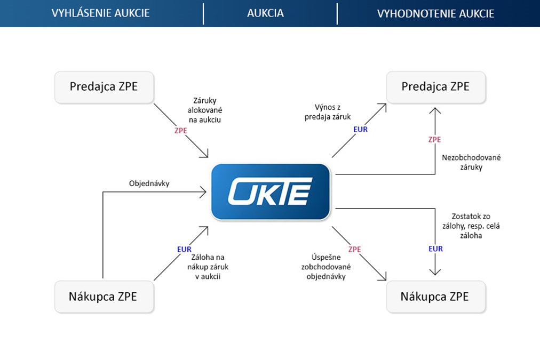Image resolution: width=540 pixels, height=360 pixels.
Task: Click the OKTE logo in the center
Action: click(x=271, y=192)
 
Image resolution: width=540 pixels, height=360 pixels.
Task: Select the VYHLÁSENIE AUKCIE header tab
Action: click(x=101, y=13)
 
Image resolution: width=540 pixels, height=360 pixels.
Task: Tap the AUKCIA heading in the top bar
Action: click(x=265, y=13)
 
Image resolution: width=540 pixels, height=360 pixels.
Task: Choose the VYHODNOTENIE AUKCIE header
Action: click(x=435, y=13)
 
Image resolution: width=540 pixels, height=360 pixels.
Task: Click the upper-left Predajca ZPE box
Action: click(x=104, y=86)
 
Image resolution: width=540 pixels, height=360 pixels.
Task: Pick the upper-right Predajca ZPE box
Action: click(x=435, y=86)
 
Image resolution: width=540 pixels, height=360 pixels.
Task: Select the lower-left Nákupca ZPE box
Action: click(x=104, y=297)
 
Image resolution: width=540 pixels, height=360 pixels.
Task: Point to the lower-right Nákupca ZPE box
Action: click(x=435, y=297)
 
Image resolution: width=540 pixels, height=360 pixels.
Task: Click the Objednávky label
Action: click(x=149, y=183)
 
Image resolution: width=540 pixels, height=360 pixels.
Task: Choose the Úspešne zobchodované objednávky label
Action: click(x=326, y=268)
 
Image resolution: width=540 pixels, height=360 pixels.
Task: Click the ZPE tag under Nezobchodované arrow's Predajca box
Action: click(x=435, y=140)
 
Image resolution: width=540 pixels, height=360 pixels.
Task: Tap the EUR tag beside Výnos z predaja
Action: click(x=361, y=129)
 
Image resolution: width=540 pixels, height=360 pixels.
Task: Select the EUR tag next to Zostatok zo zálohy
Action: click(x=435, y=249)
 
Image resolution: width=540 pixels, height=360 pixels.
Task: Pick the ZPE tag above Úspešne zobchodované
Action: click(x=354, y=249)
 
